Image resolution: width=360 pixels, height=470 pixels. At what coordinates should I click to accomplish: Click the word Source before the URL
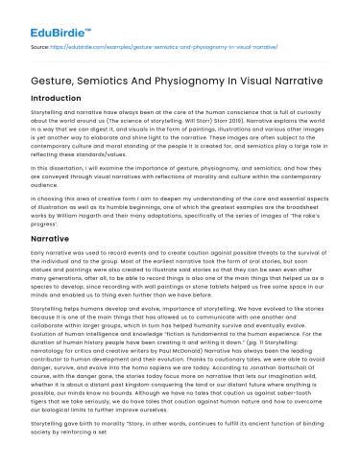40,45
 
